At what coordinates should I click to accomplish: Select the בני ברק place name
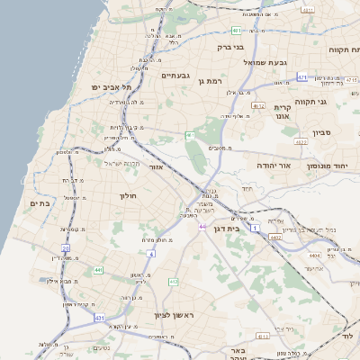click(x=231, y=46)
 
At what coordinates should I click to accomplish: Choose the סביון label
click(x=323, y=132)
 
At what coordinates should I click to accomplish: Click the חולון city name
click(x=126, y=194)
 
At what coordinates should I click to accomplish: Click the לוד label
click(x=349, y=335)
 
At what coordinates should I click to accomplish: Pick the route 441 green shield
click(x=98, y=269)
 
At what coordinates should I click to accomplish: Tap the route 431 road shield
click(x=99, y=319)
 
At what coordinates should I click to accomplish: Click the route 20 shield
click(x=65, y=247)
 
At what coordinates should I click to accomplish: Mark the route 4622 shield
click(x=301, y=141)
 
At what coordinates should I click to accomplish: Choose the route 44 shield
click(x=202, y=226)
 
